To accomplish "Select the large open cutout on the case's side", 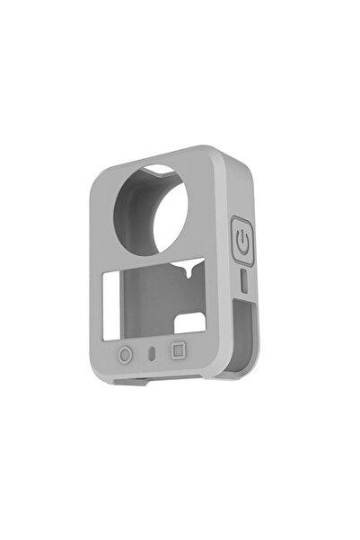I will tap(238, 337).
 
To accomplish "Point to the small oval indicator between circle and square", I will tap(152, 352).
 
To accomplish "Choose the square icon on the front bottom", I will tap(178, 351).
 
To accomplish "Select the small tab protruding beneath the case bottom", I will tap(130, 381).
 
